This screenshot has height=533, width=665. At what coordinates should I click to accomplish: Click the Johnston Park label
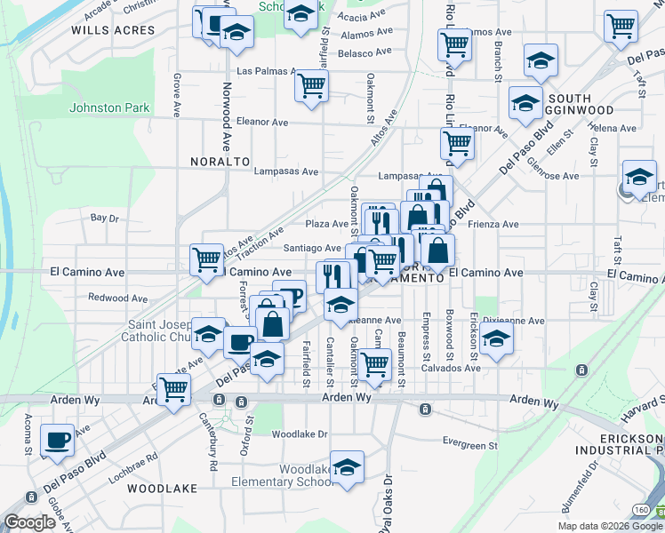tap(109, 108)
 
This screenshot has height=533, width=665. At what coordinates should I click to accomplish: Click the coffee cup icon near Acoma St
tap(58, 440)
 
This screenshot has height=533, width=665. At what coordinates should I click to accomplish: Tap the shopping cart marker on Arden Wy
tap(175, 387)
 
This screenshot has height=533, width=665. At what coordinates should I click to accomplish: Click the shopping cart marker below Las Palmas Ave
tap(311, 85)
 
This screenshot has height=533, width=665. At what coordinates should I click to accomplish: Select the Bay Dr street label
tap(104, 218)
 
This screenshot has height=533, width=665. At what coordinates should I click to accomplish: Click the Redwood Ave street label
tap(118, 298)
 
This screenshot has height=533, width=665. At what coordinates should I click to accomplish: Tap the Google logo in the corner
tap(29, 522)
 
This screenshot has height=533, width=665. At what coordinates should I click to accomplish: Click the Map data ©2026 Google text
tap(610, 526)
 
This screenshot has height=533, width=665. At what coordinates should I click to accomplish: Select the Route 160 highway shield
tap(640, 508)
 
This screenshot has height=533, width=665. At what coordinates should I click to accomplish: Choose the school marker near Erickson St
tap(496, 339)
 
